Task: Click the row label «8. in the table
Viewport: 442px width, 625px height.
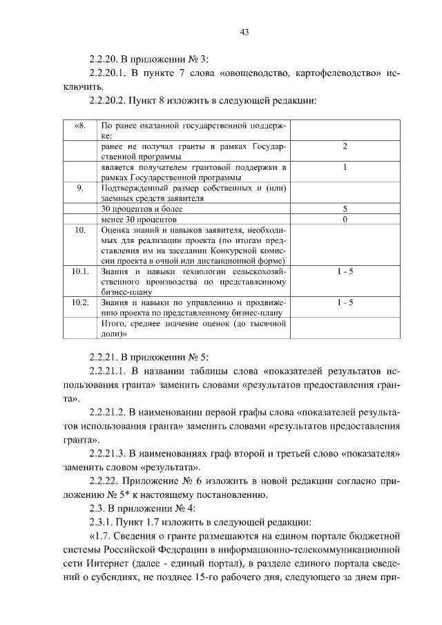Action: click(x=79, y=126)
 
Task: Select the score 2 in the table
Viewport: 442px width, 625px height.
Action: click(x=345, y=146)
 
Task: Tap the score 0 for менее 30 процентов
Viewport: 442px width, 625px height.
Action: click(x=345, y=219)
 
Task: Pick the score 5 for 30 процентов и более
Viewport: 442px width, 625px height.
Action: click(x=345, y=209)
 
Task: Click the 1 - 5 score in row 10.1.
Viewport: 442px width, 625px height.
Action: click(x=345, y=271)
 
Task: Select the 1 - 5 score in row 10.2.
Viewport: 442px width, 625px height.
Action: click(x=345, y=302)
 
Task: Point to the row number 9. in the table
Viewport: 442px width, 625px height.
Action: click(x=79, y=187)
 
